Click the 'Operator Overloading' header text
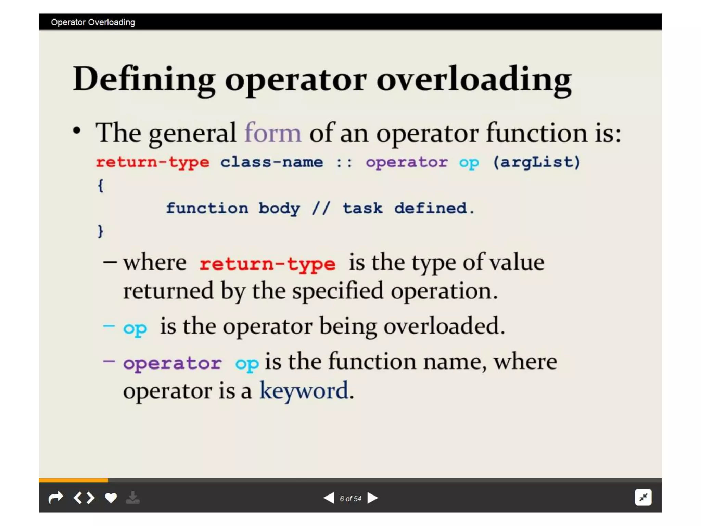[x=93, y=22]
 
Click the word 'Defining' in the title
[x=144, y=79]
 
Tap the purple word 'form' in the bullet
[x=273, y=133]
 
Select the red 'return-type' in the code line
[x=152, y=162]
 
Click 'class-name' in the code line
[x=271, y=162]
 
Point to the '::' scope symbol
[x=344, y=162]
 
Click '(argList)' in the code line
[x=536, y=162]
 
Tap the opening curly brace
[x=100, y=186]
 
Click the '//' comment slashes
[x=321, y=208]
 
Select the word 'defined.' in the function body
[x=434, y=208]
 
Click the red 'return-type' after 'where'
[x=267, y=264]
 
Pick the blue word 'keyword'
[x=304, y=390]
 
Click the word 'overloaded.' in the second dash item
[x=444, y=326]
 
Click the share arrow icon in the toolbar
[x=56, y=498]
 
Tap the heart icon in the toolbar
[x=111, y=498]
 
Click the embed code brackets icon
[x=84, y=498]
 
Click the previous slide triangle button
[x=329, y=498]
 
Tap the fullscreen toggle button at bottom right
[x=643, y=497]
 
